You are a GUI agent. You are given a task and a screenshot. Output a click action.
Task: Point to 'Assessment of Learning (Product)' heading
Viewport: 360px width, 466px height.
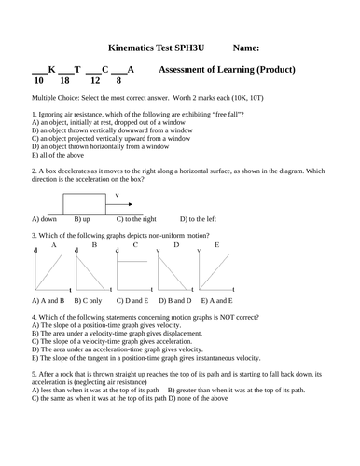point(228,69)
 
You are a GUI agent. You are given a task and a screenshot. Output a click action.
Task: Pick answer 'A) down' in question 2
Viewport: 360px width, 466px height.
point(45,218)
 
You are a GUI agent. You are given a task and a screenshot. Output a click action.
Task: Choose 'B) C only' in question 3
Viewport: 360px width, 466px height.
point(90,301)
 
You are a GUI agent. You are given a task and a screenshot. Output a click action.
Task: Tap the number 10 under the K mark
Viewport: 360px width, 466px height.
point(38,81)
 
